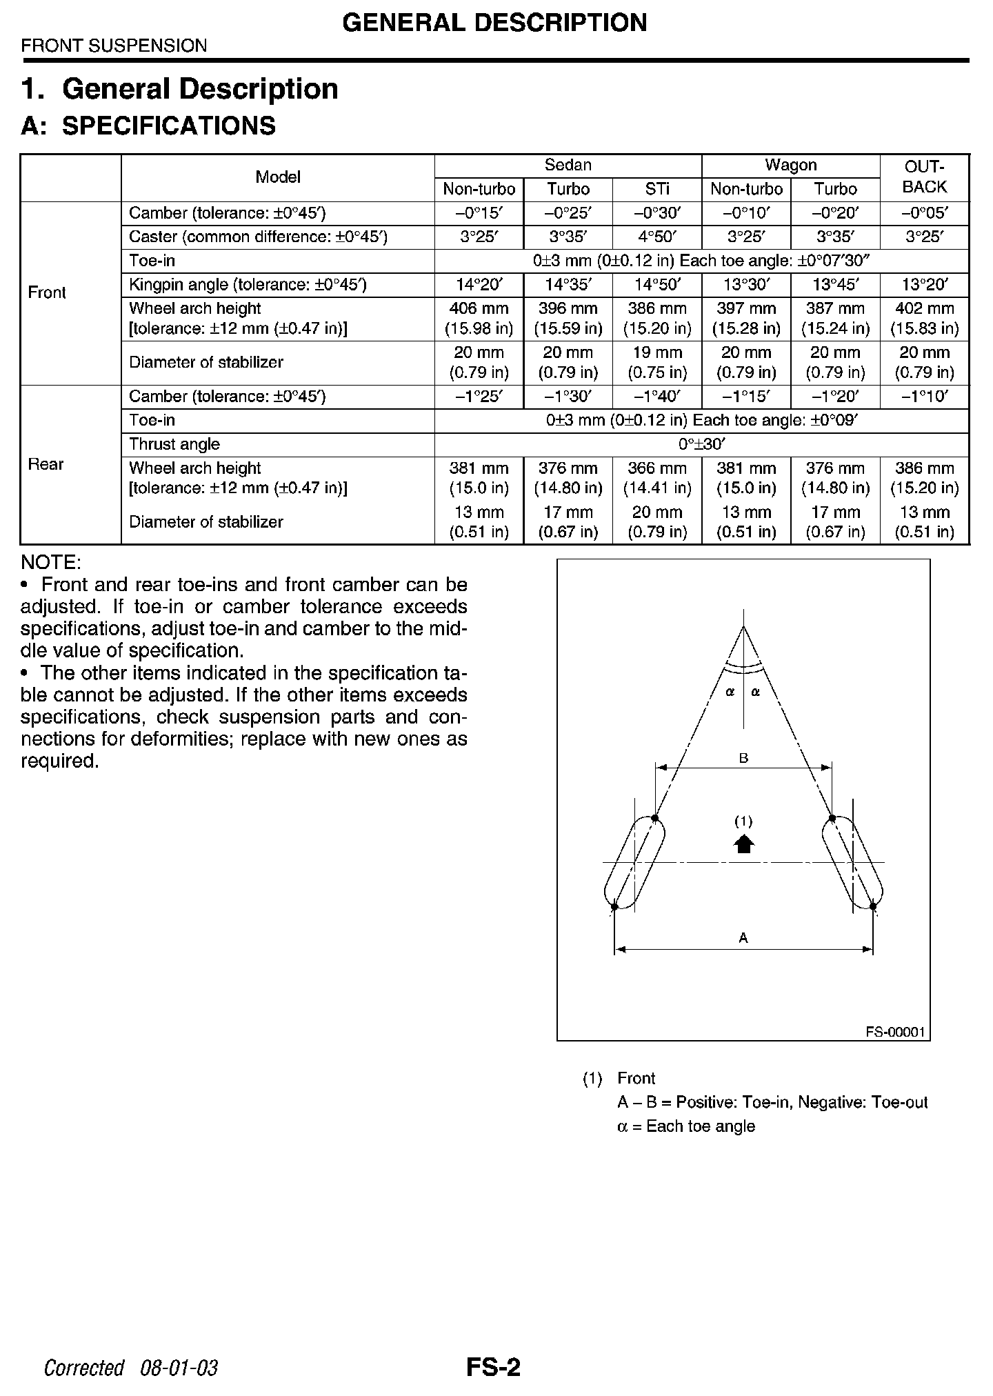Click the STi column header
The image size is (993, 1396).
coord(657,189)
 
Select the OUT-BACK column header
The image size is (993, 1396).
coord(924,177)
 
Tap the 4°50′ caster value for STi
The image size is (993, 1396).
coord(657,237)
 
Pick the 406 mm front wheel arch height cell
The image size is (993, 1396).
coord(479,319)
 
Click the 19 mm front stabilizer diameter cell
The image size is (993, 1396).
coord(657,363)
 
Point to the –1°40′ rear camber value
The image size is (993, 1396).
coord(657,397)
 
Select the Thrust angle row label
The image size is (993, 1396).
coord(174,444)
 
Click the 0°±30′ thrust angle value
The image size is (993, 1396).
coord(701,444)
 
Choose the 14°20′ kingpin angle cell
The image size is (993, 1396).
coord(479,285)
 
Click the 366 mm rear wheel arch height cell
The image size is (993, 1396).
coord(657,478)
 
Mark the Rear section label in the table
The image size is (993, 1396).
coord(46,464)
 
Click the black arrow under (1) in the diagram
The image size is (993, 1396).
coord(743,844)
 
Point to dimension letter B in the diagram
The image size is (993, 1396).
coord(744,758)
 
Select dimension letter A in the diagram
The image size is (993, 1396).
coord(743,937)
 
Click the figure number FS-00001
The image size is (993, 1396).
coord(894,1033)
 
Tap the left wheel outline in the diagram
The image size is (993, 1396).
coord(634,862)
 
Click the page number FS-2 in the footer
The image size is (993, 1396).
coord(493,1367)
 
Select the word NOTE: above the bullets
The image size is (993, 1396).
coord(51,561)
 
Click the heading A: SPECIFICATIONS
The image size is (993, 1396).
coord(148,126)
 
